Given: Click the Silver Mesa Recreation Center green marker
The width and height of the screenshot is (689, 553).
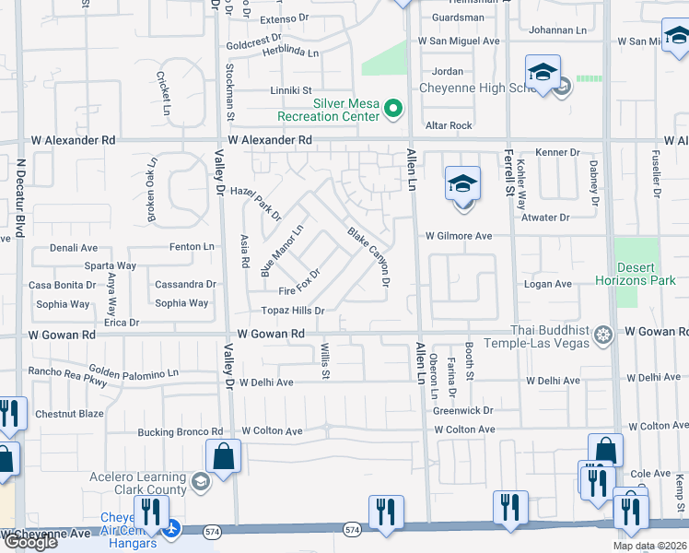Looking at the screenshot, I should point(394,110).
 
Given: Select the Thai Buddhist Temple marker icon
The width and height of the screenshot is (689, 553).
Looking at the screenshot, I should point(603,333).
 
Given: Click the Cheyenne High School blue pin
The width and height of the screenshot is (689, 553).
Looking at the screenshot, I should point(543,74).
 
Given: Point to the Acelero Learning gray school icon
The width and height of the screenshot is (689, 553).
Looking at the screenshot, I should point(201,480).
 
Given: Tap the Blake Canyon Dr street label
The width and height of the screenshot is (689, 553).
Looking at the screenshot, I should point(369,256).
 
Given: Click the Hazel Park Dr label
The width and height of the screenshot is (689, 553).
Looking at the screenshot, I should point(255,202).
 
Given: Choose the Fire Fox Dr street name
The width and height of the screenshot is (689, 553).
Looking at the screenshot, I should point(298,280).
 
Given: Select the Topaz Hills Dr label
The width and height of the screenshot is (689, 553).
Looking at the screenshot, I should point(293,311).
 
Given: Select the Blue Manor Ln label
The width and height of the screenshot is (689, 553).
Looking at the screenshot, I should point(282,251).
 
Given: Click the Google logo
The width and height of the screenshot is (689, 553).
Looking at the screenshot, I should point(29,542).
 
